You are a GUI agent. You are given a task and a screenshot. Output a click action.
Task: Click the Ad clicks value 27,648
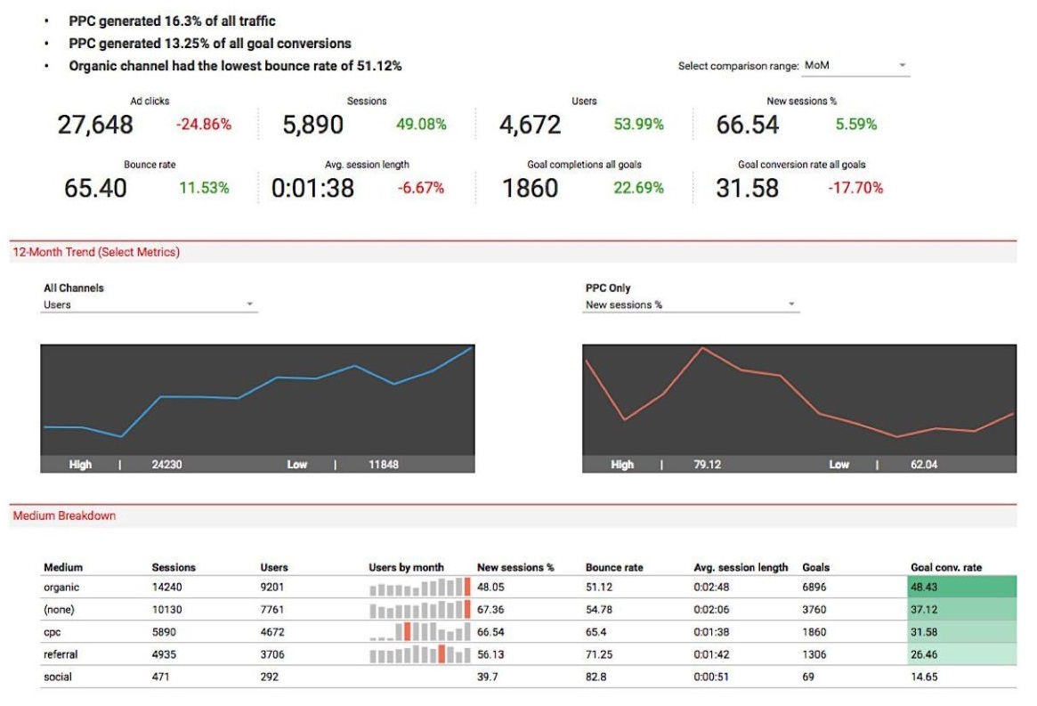tap(95, 125)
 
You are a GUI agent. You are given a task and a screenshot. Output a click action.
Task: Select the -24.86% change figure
tap(203, 125)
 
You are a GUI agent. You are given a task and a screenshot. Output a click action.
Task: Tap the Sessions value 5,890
tap(312, 125)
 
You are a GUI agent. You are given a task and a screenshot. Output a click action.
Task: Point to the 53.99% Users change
tap(638, 125)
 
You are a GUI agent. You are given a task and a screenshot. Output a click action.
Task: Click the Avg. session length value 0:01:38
tap(312, 188)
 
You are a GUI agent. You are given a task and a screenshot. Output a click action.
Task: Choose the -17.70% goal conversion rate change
tap(855, 188)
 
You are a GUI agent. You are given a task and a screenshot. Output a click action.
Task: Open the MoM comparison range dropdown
tap(855, 66)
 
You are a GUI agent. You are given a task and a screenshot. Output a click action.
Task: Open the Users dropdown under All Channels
tap(150, 304)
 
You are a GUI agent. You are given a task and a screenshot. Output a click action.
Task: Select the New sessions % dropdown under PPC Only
tap(691, 304)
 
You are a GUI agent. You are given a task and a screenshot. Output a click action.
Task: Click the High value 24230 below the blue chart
tap(167, 465)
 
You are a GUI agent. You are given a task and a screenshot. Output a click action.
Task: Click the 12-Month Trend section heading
tap(96, 252)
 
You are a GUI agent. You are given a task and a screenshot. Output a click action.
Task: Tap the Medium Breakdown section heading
tap(64, 515)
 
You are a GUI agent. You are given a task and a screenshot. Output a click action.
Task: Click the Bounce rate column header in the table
tap(613, 567)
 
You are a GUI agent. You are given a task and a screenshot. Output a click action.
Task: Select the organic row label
tap(61, 588)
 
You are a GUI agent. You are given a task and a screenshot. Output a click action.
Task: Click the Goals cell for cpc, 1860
tap(814, 632)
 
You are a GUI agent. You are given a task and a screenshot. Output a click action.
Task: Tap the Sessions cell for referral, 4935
tap(166, 654)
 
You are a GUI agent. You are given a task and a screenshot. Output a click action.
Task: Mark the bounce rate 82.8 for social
tap(595, 677)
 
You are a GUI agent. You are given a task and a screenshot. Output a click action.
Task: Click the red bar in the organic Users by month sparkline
tap(466, 587)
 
